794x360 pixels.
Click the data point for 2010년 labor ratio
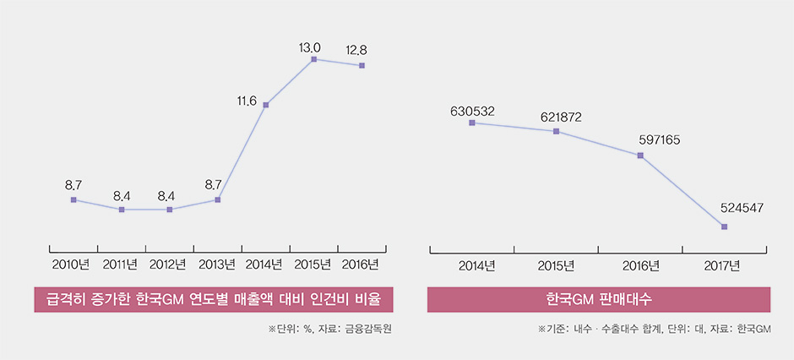tap(73, 199)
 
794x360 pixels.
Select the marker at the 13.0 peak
tap(313, 59)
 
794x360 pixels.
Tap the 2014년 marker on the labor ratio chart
tap(266, 105)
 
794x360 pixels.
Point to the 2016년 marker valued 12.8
tap(362, 65)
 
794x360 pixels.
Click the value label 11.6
tap(247, 101)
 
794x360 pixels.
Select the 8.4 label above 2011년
tap(122, 196)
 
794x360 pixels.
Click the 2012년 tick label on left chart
tap(167, 264)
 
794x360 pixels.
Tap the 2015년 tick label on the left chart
tap(313, 264)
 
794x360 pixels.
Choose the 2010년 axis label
tap(71, 264)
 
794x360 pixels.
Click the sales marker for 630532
tap(471, 123)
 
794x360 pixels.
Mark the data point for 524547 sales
tap(724, 226)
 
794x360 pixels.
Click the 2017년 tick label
tap(722, 265)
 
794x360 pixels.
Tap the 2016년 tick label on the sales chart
tap(641, 265)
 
